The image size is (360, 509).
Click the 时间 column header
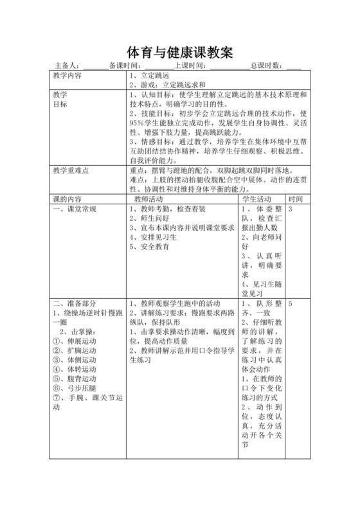296,199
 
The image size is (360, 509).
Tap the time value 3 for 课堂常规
291,209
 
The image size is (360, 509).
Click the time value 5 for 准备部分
291,303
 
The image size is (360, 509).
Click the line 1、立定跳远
149,75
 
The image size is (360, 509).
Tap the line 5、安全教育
150,246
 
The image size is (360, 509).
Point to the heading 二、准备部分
75,303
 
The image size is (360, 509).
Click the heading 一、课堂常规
75,209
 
